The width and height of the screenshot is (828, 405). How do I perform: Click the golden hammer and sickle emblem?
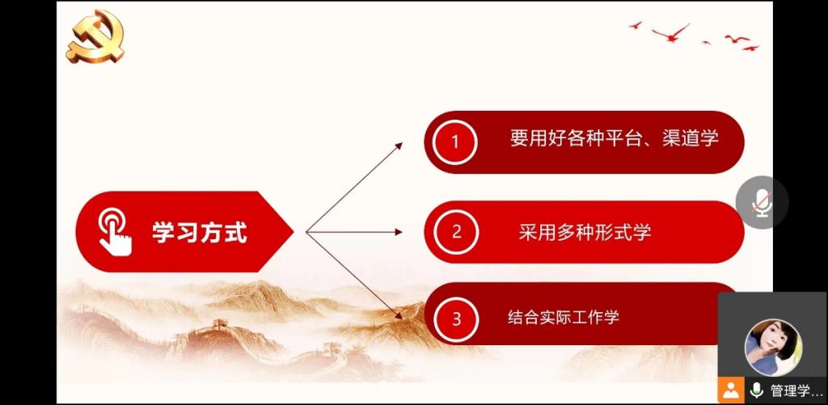pyautogui.click(x=95, y=36)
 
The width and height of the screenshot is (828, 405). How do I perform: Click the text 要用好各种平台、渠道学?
pyautogui.click(x=615, y=138)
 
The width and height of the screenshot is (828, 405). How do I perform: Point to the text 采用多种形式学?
pyautogui.click(x=585, y=232)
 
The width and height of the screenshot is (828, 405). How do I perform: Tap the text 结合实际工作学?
pyautogui.click(x=563, y=318)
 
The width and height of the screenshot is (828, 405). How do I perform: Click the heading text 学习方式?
pyautogui.click(x=200, y=232)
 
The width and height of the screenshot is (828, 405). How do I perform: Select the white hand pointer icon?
pyautogui.click(x=115, y=233)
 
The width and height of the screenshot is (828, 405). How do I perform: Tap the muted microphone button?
pyautogui.click(x=762, y=203)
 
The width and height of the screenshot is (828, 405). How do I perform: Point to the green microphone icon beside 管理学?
pyautogui.click(x=756, y=390)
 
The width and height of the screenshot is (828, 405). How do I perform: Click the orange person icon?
pyautogui.click(x=731, y=390)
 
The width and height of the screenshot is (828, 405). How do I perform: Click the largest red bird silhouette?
pyautogui.click(x=671, y=32)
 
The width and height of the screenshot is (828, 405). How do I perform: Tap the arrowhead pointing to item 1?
pyautogui.click(x=399, y=146)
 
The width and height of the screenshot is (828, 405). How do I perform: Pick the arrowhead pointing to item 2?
pyautogui.click(x=398, y=232)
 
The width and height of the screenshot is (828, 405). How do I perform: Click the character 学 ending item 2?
pyautogui.click(x=641, y=232)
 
